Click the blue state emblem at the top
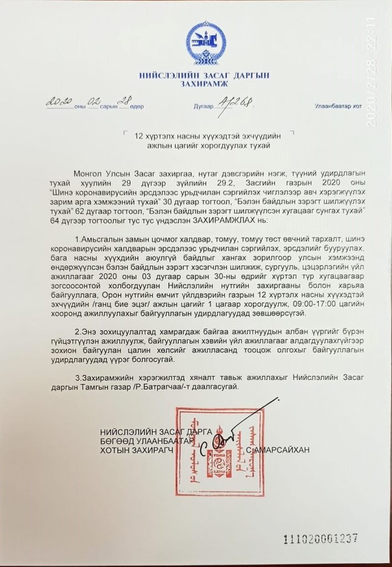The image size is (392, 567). pos(205,43)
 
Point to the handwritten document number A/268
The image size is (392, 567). pos(237,101)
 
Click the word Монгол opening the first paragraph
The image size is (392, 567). pos(87,173)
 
